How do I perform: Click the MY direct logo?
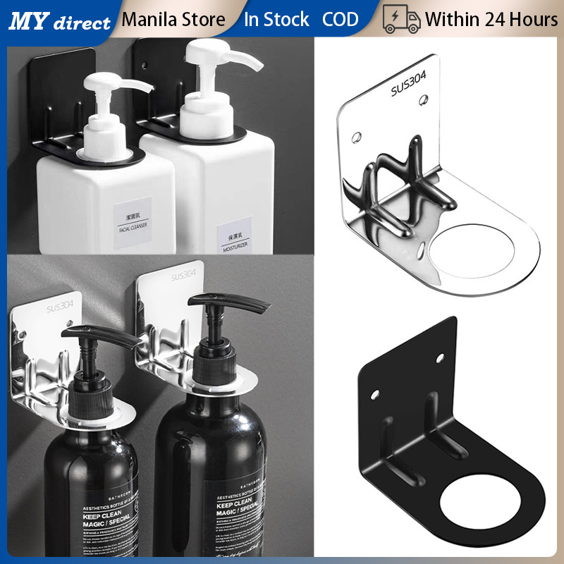click(x=60, y=20)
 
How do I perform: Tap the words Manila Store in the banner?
click(x=173, y=19)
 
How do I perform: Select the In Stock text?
click(x=276, y=19)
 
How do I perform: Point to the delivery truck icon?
click(x=401, y=19)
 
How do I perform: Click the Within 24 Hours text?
click(x=491, y=19)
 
